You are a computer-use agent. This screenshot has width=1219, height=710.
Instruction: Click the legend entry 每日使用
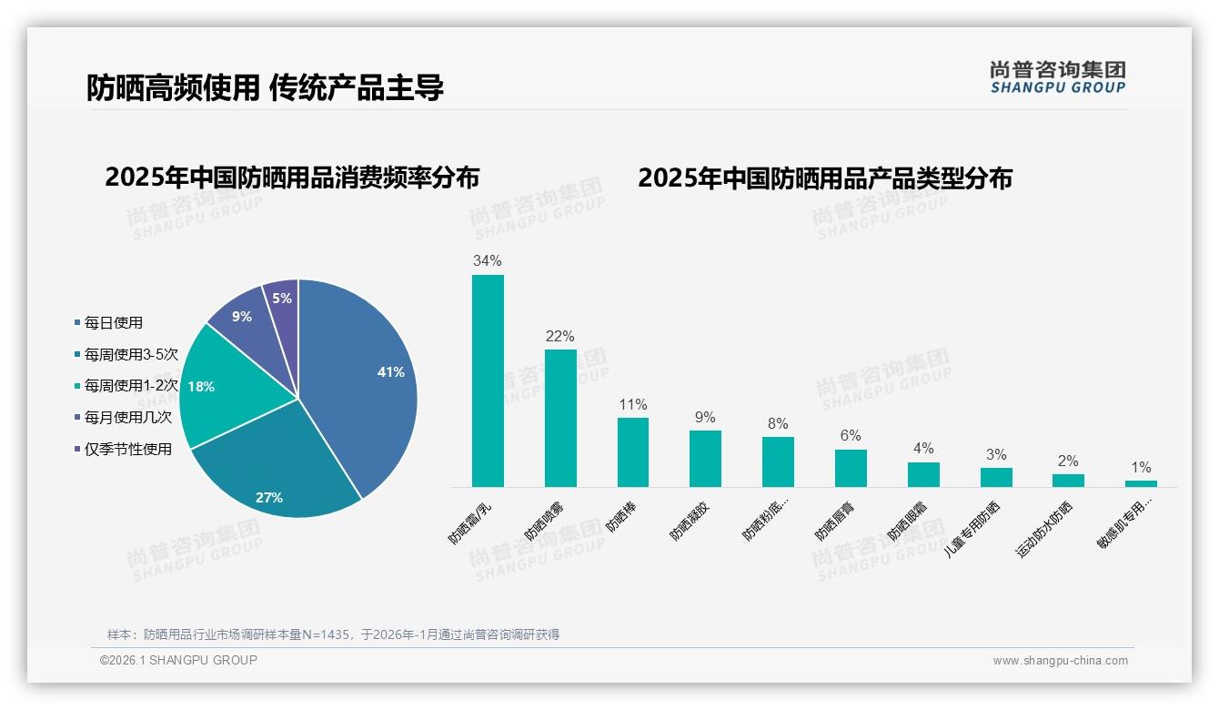point(113,323)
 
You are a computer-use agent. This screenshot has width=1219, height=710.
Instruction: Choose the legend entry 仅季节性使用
point(127,449)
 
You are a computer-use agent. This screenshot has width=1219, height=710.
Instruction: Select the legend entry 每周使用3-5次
point(131,354)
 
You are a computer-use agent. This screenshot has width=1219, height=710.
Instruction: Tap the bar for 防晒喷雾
point(560,418)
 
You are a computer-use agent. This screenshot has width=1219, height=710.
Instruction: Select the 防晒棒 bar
point(633,452)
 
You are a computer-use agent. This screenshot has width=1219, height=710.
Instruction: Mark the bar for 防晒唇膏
point(851,468)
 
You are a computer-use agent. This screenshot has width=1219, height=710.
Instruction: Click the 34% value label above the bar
point(488,261)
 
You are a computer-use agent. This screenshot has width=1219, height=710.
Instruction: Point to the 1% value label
point(1141,468)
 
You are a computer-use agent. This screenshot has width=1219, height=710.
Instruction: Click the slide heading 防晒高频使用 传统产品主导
point(265,87)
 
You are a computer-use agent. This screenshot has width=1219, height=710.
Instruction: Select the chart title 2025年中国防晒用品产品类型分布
point(824,177)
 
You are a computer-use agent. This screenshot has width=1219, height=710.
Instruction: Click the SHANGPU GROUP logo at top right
point(1058,77)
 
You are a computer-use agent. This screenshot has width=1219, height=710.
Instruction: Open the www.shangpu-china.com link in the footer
point(1060,661)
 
